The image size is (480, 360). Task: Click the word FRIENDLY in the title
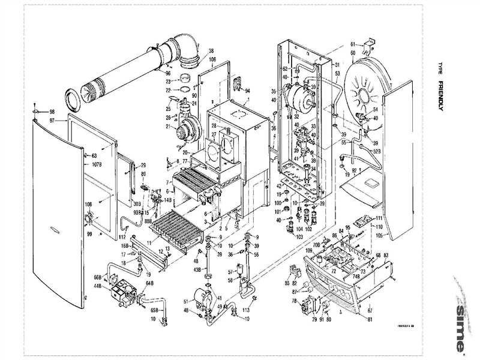click(x=441, y=96)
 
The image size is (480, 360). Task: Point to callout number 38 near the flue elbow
click(x=211, y=50)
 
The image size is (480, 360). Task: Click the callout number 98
click(x=52, y=112)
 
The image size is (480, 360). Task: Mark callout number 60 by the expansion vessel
click(x=353, y=54)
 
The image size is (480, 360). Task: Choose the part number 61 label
click(x=353, y=43)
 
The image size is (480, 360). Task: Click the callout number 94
click(x=247, y=91)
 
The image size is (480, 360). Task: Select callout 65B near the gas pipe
click(x=154, y=310)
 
